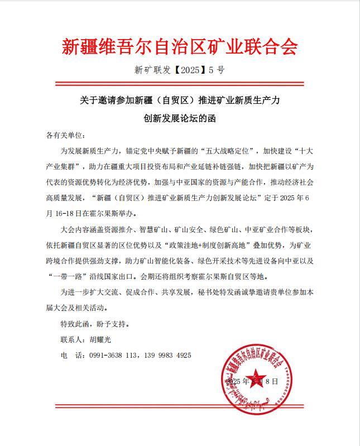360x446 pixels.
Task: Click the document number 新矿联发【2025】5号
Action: [180, 71]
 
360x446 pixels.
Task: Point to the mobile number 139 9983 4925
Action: [167, 355]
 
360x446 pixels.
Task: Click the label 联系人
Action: [71, 339]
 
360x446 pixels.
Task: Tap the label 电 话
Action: [71, 355]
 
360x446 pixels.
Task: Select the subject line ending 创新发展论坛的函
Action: [180, 118]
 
